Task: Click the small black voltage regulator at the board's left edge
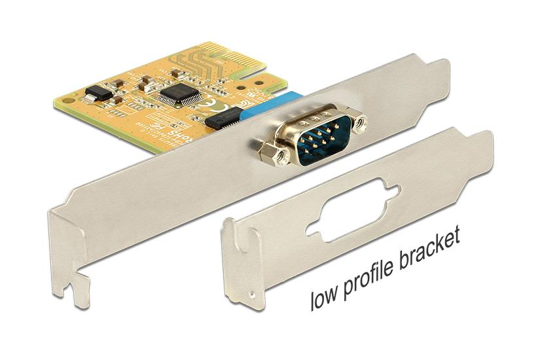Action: [x=99, y=93]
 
